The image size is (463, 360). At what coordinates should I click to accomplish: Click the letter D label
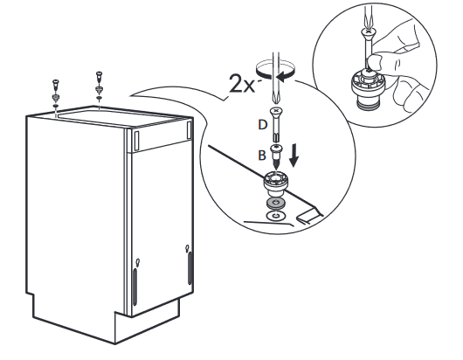point(262,125)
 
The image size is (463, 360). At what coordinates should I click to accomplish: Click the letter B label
point(262,156)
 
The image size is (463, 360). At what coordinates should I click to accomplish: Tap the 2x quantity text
point(241,84)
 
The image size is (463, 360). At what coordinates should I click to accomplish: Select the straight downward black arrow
point(294,155)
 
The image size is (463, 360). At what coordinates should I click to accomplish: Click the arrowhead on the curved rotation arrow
point(281,78)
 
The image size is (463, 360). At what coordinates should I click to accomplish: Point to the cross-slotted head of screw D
point(276,111)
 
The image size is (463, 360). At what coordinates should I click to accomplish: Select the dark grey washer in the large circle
point(276,203)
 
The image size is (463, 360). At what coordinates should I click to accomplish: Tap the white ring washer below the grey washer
point(275,216)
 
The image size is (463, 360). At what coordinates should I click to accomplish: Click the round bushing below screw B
point(275,183)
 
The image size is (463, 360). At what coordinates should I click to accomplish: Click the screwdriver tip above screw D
point(275,99)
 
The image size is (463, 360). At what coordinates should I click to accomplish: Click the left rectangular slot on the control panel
point(136,140)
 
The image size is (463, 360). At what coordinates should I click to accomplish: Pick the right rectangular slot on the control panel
point(189,130)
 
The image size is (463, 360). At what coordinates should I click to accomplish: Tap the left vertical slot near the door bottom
point(135,287)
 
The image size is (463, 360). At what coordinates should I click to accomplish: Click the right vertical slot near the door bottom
point(190,268)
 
